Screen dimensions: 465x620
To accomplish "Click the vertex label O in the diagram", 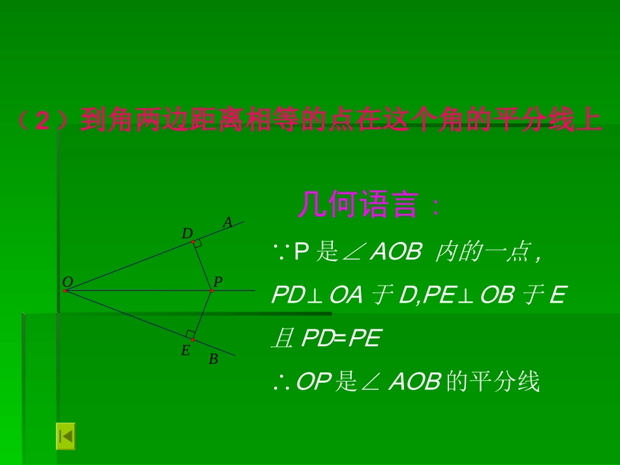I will click(x=67, y=282).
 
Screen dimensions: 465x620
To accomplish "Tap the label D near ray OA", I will click(x=187, y=233).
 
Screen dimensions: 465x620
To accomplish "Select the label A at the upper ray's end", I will click(x=227, y=222).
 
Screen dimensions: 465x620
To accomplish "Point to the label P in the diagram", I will click(x=218, y=282).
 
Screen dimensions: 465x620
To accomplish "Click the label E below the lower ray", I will click(x=185, y=351).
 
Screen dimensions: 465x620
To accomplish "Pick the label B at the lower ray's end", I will click(x=213, y=359).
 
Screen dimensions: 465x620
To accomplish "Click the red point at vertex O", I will click(x=66, y=291).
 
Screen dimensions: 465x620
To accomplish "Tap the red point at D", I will click(x=193, y=242).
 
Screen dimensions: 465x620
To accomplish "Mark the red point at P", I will click(x=211, y=291).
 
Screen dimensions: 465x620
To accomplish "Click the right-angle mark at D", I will click(x=198, y=244).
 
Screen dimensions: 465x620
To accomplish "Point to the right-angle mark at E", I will click(x=190, y=334).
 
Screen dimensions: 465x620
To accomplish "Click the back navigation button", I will click(x=65, y=436).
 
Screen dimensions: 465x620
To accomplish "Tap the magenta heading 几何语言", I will click(x=357, y=206).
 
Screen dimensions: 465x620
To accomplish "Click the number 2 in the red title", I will click(x=42, y=121).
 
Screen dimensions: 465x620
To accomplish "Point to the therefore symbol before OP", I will click(x=281, y=382).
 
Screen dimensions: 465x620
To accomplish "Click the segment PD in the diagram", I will click(x=202, y=266).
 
